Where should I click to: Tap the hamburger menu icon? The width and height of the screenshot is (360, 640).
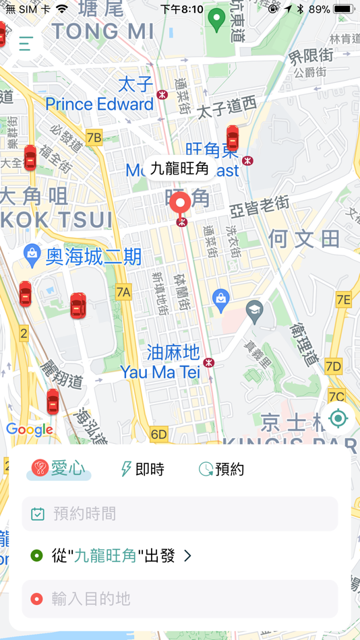26,44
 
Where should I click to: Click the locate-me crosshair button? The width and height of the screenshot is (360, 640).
338,418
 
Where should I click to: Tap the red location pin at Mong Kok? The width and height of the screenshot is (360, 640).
180,204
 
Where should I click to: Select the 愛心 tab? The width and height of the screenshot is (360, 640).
59,469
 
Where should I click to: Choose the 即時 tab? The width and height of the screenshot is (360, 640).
142,469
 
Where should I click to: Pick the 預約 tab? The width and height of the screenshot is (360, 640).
221,469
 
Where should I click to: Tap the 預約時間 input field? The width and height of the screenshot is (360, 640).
179,514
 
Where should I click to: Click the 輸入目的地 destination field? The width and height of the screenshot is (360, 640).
179,599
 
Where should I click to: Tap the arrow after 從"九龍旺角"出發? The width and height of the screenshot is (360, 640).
188,556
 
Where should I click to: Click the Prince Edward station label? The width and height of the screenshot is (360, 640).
100,104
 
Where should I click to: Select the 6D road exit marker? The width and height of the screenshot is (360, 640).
158,435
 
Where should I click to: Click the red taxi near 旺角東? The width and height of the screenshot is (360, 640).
233,138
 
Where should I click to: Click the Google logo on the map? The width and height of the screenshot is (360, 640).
29,429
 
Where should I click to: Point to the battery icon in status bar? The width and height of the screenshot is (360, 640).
344,9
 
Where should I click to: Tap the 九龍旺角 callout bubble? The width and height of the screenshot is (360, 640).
179,168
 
